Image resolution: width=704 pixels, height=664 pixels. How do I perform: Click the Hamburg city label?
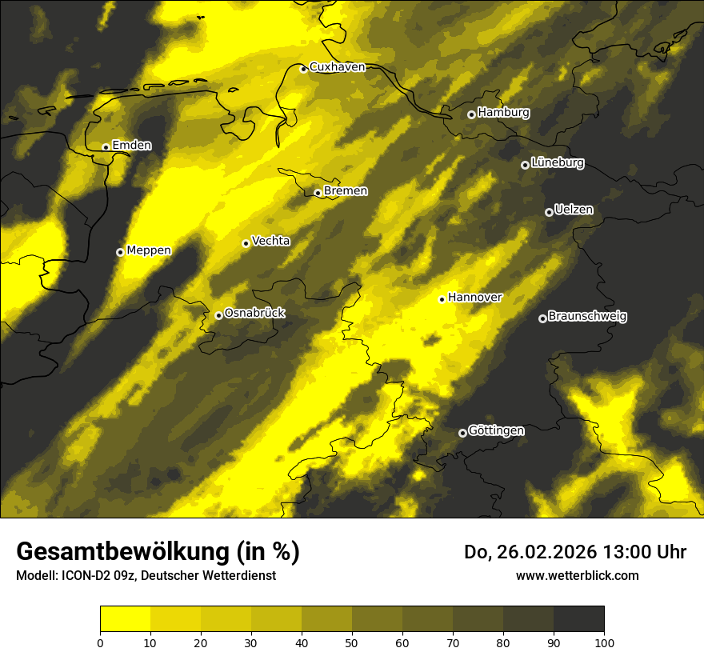(503, 113)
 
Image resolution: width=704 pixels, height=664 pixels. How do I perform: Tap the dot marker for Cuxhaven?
(303, 69)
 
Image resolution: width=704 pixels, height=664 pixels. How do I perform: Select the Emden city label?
(131, 146)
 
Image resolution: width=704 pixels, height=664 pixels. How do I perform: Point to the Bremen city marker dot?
(318, 192)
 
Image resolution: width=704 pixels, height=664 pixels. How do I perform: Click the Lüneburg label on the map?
(557, 163)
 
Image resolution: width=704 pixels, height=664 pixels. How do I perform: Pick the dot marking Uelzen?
(549, 212)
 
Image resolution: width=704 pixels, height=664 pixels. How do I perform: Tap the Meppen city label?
(149, 250)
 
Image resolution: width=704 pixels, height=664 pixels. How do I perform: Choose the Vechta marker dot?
(246, 243)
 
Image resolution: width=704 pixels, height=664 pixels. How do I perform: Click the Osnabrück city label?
(254, 314)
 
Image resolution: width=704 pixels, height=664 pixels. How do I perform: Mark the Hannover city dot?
(442, 299)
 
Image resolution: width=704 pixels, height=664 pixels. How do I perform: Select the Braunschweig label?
(587, 317)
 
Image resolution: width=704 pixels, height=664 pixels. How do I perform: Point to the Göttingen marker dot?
(462, 433)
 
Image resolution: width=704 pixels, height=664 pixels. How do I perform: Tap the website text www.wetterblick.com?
(577, 575)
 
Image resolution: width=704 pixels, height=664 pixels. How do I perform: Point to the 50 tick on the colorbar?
(352, 642)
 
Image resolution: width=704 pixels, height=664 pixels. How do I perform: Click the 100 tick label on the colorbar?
(604, 642)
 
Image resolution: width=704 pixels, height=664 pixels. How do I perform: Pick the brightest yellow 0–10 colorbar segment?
(125, 619)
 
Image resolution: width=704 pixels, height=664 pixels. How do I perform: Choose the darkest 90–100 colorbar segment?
(578, 619)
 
